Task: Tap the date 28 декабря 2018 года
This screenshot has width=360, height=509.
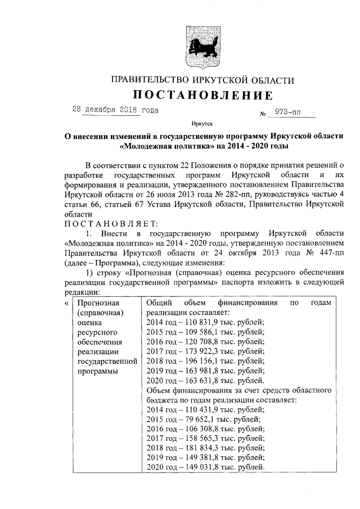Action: [x=115, y=110]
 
